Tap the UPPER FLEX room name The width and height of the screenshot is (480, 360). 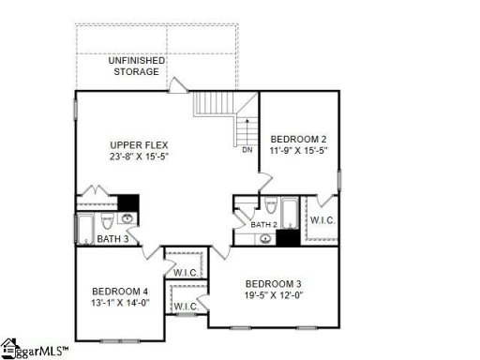pos(138,143)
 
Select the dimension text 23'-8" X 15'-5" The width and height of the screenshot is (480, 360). pos(138,156)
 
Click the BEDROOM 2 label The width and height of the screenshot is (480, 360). pos(297,139)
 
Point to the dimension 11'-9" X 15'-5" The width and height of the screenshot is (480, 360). pos(297,150)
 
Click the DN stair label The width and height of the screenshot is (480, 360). pos(247,149)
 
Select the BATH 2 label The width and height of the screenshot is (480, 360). pos(263,225)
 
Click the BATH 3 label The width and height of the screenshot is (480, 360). pos(113,240)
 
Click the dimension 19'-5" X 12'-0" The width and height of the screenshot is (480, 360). pos(273,295)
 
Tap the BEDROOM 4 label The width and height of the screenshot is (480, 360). pos(120,291)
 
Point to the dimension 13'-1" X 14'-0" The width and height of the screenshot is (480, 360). pos(120,303)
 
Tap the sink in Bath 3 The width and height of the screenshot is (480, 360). pos(128,220)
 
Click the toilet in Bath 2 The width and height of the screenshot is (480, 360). pos(270,207)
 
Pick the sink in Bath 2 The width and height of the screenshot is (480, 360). pos(268,238)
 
